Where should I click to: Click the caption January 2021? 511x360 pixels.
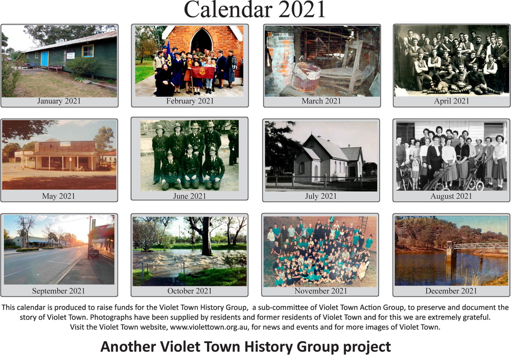pos(59,101)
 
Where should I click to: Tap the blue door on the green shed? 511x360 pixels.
pos(44,59)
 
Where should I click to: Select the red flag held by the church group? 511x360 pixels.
pos(203,72)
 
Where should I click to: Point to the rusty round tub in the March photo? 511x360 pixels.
pos(306,77)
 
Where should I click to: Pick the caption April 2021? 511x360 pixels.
pos(451,101)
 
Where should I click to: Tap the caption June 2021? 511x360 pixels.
pos(190,196)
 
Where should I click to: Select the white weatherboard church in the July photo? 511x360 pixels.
pos(328,158)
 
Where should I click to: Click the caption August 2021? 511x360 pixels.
pos(451,196)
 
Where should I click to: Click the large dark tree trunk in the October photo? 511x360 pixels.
pos(206,236)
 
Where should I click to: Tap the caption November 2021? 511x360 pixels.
pos(321,291)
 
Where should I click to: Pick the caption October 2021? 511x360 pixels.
pos(190,291)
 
